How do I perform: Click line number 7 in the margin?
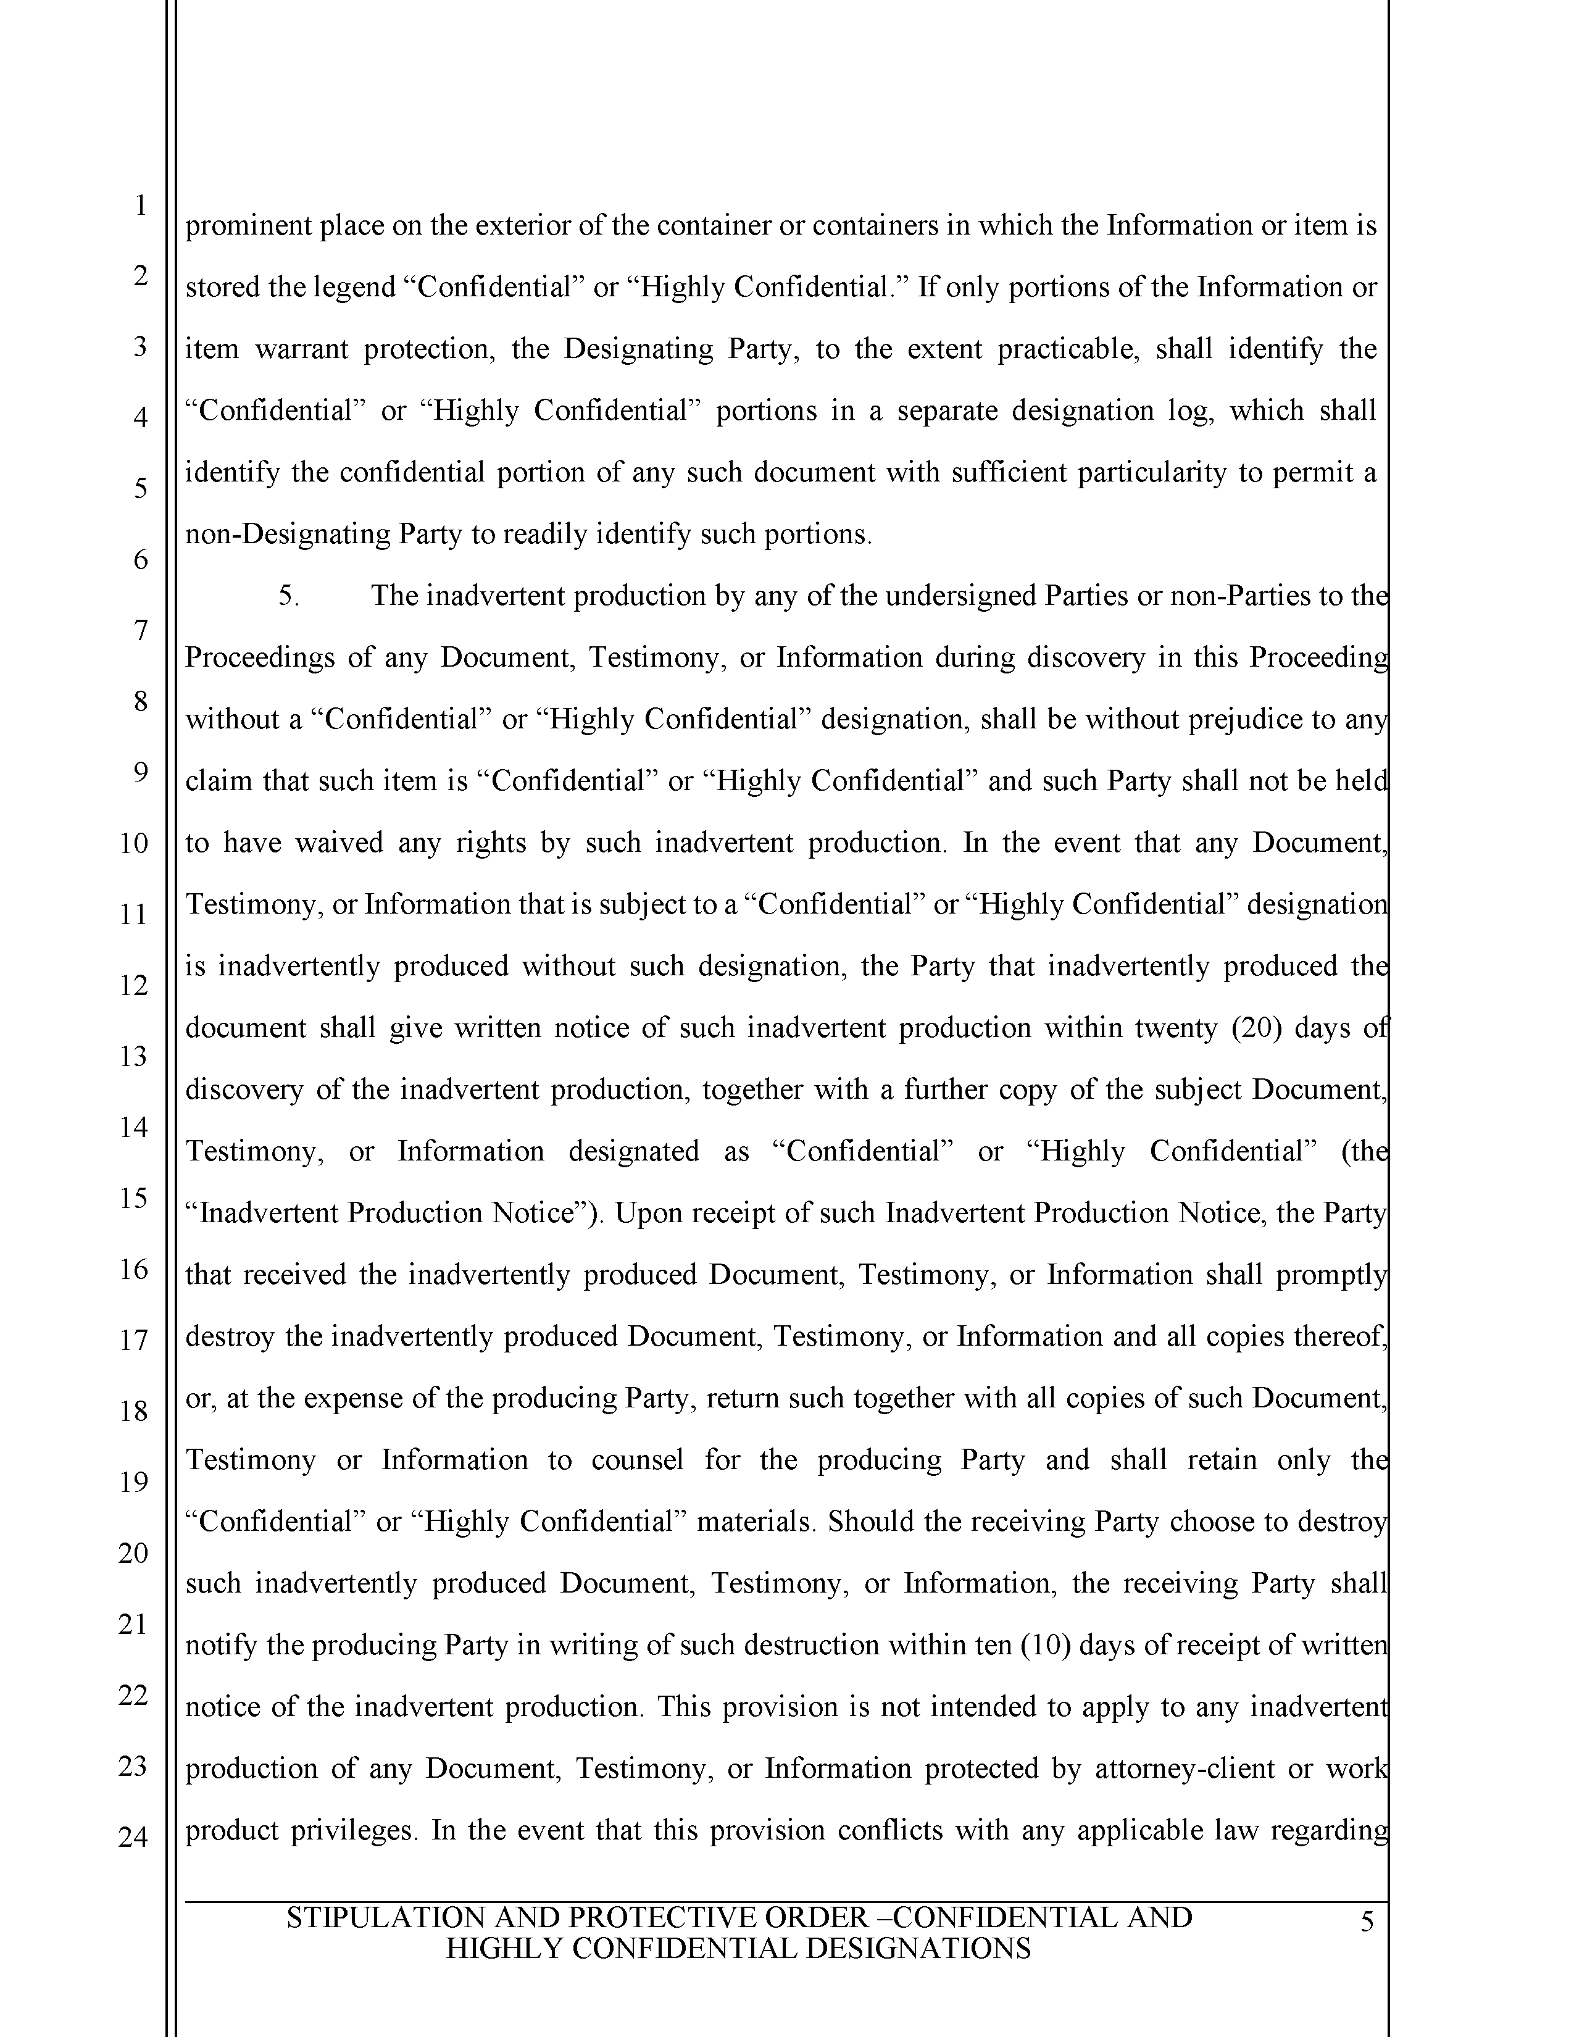140,630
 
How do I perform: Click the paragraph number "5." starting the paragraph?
289,596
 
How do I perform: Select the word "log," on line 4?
1192,411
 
